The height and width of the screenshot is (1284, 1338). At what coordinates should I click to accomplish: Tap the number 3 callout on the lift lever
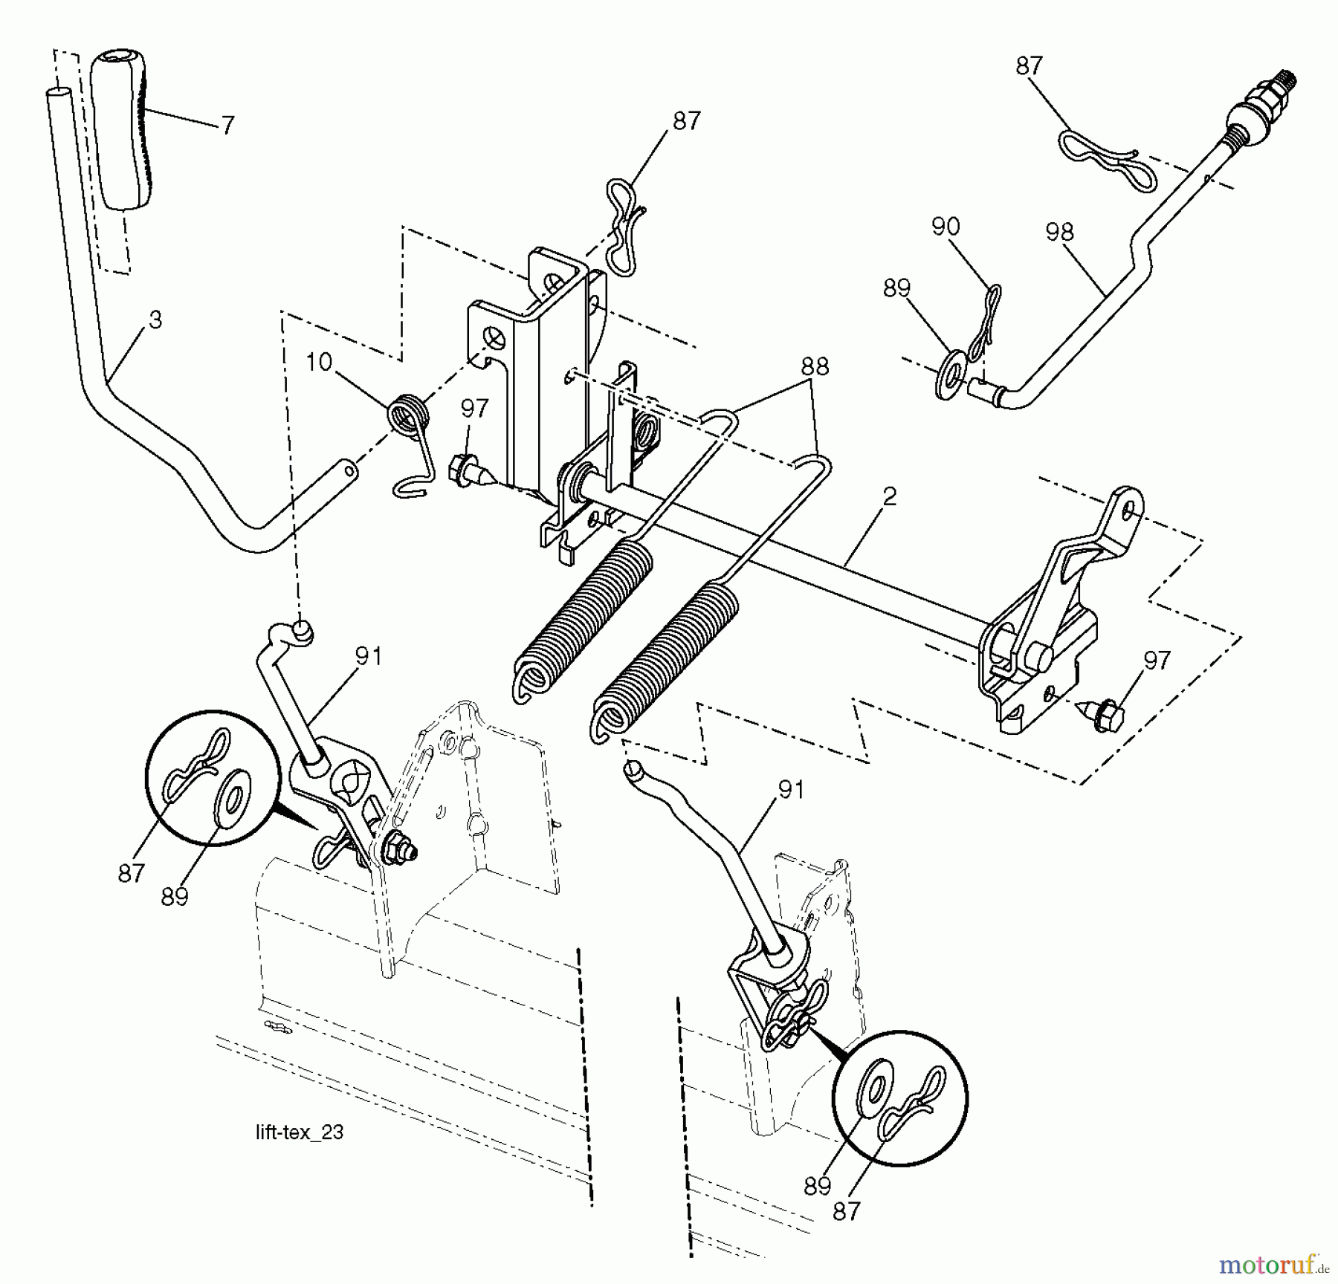pyautogui.click(x=155, y=320)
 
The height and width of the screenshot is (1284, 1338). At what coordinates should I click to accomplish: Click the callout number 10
pyautogui.click(x=318, y=363)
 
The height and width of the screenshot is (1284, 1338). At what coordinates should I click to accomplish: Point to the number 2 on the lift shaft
pyautogui.click(x=890, y=496)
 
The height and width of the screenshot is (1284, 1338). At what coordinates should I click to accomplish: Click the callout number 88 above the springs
pyautogui.click(x=815, y=367)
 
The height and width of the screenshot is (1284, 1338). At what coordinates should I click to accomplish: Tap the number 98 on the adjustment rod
pyautogui.click(x=1059, y=233)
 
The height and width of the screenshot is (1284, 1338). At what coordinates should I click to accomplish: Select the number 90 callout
pyautogui.click(x=946, y=226)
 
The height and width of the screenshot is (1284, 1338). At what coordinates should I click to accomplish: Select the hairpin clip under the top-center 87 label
pyautogui.click(x=623, y=227)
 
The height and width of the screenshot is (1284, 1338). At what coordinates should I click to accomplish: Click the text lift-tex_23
pyautogui.click(x=300, y=1132)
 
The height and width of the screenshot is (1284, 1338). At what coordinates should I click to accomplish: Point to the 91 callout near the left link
pyautogui.click(x=368, y=656)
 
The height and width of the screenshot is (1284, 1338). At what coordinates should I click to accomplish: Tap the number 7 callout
pyautogui.click(x=227, y=125)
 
